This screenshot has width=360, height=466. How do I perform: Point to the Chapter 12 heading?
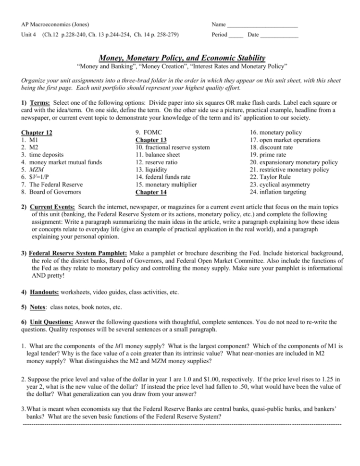(x=37, y=133)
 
